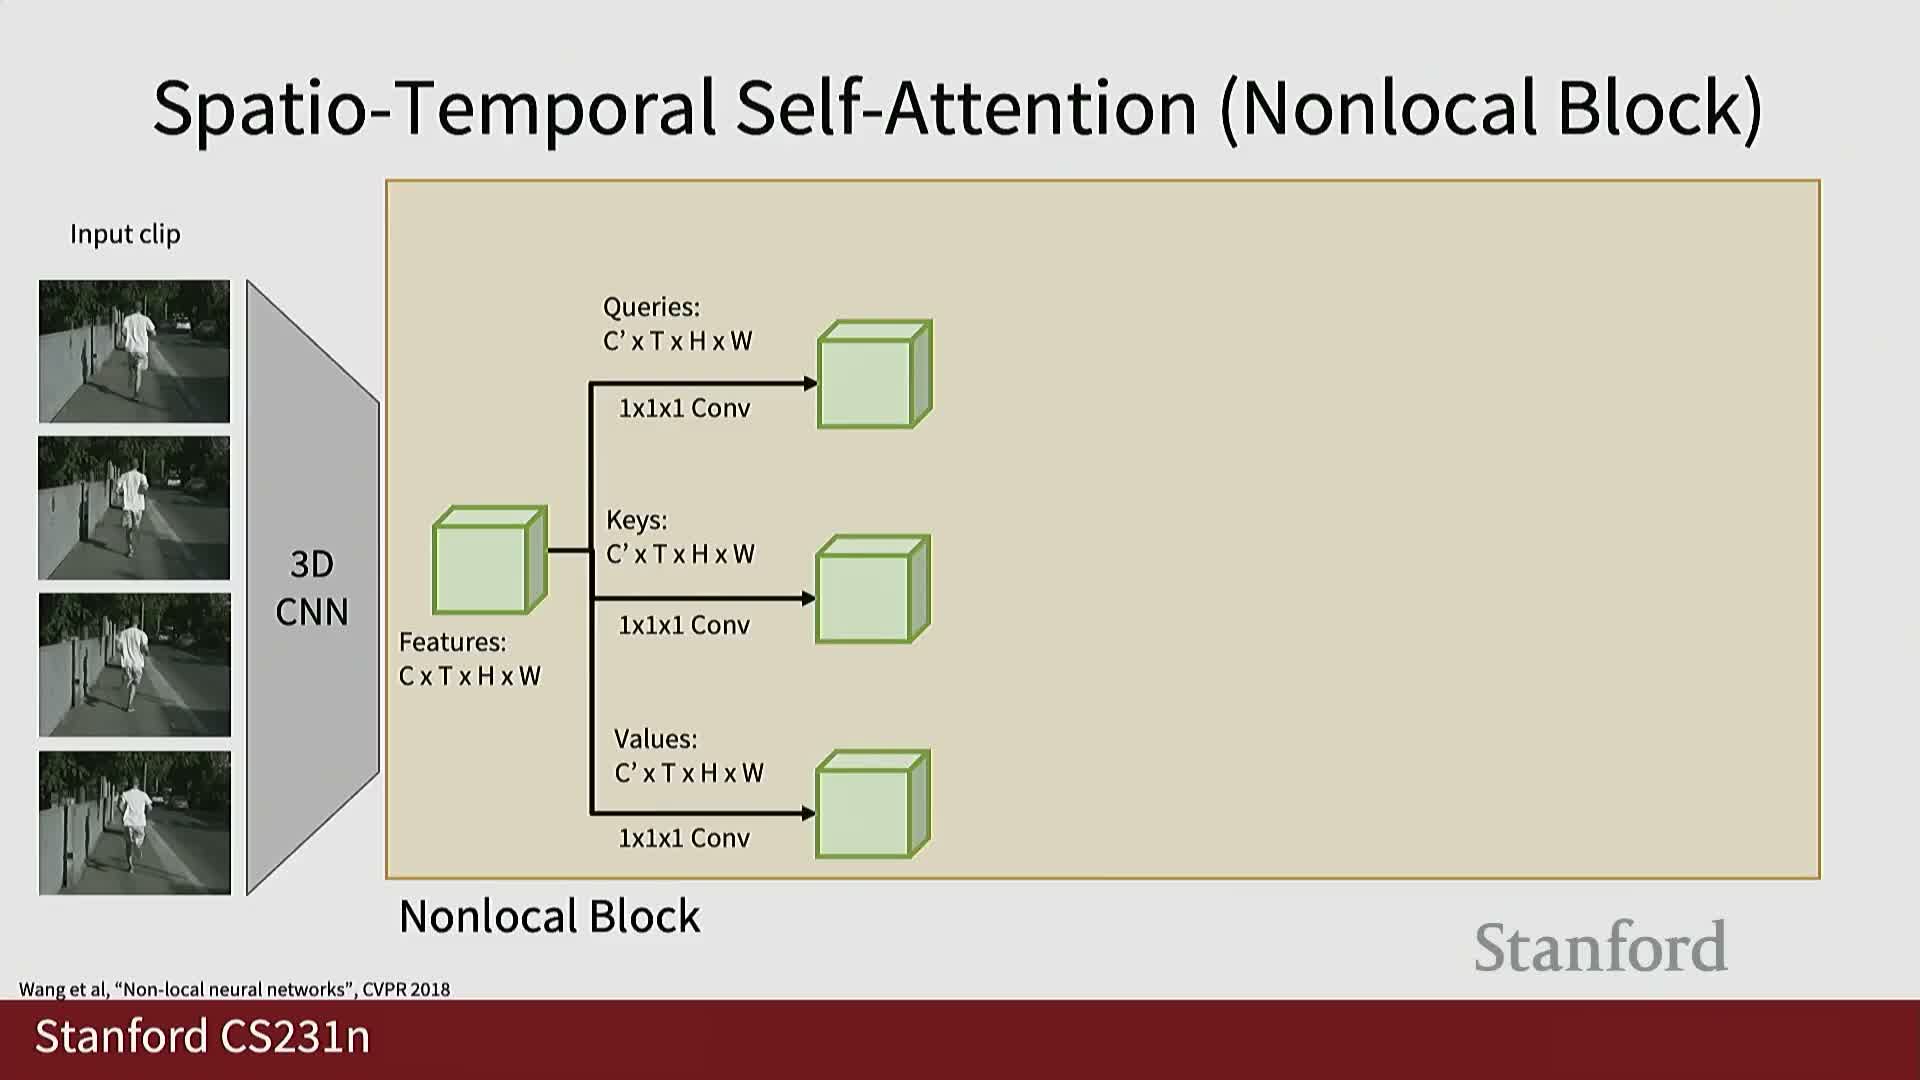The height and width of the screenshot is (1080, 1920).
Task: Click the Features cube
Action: pos(490,560)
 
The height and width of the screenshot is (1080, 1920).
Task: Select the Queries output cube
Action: pos(875,375)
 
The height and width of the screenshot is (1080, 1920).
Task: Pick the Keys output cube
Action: pos(873,589)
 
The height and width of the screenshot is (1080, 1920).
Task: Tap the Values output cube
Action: pos(873,804)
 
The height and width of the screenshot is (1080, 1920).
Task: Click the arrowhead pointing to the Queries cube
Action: pos(810,383)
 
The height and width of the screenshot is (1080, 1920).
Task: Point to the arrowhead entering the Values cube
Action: pos(809,813)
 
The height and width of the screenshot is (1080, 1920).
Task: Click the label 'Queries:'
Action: pos(651,307)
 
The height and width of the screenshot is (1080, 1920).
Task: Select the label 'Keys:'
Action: pos(636,520)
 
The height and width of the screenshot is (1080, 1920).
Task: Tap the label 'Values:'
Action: pos(656,739)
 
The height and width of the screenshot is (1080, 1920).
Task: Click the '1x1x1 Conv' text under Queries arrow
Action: pos(684,408)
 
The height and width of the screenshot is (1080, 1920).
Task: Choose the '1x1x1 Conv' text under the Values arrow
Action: pos(684,838)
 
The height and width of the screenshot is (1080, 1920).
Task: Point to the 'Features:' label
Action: pos(453,642)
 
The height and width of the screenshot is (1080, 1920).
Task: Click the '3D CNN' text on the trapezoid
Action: pos(312,588)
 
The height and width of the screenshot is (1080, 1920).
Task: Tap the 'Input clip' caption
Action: pos(125,234)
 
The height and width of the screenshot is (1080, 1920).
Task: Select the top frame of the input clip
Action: pos(134,351)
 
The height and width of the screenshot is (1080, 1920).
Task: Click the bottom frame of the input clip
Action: pos(134,823)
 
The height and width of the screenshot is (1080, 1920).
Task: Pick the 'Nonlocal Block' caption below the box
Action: pos(550,916)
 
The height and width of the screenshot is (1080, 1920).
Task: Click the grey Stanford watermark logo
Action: pos(1601,947)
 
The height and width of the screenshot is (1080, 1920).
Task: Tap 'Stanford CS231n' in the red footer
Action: pos(203,1036)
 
